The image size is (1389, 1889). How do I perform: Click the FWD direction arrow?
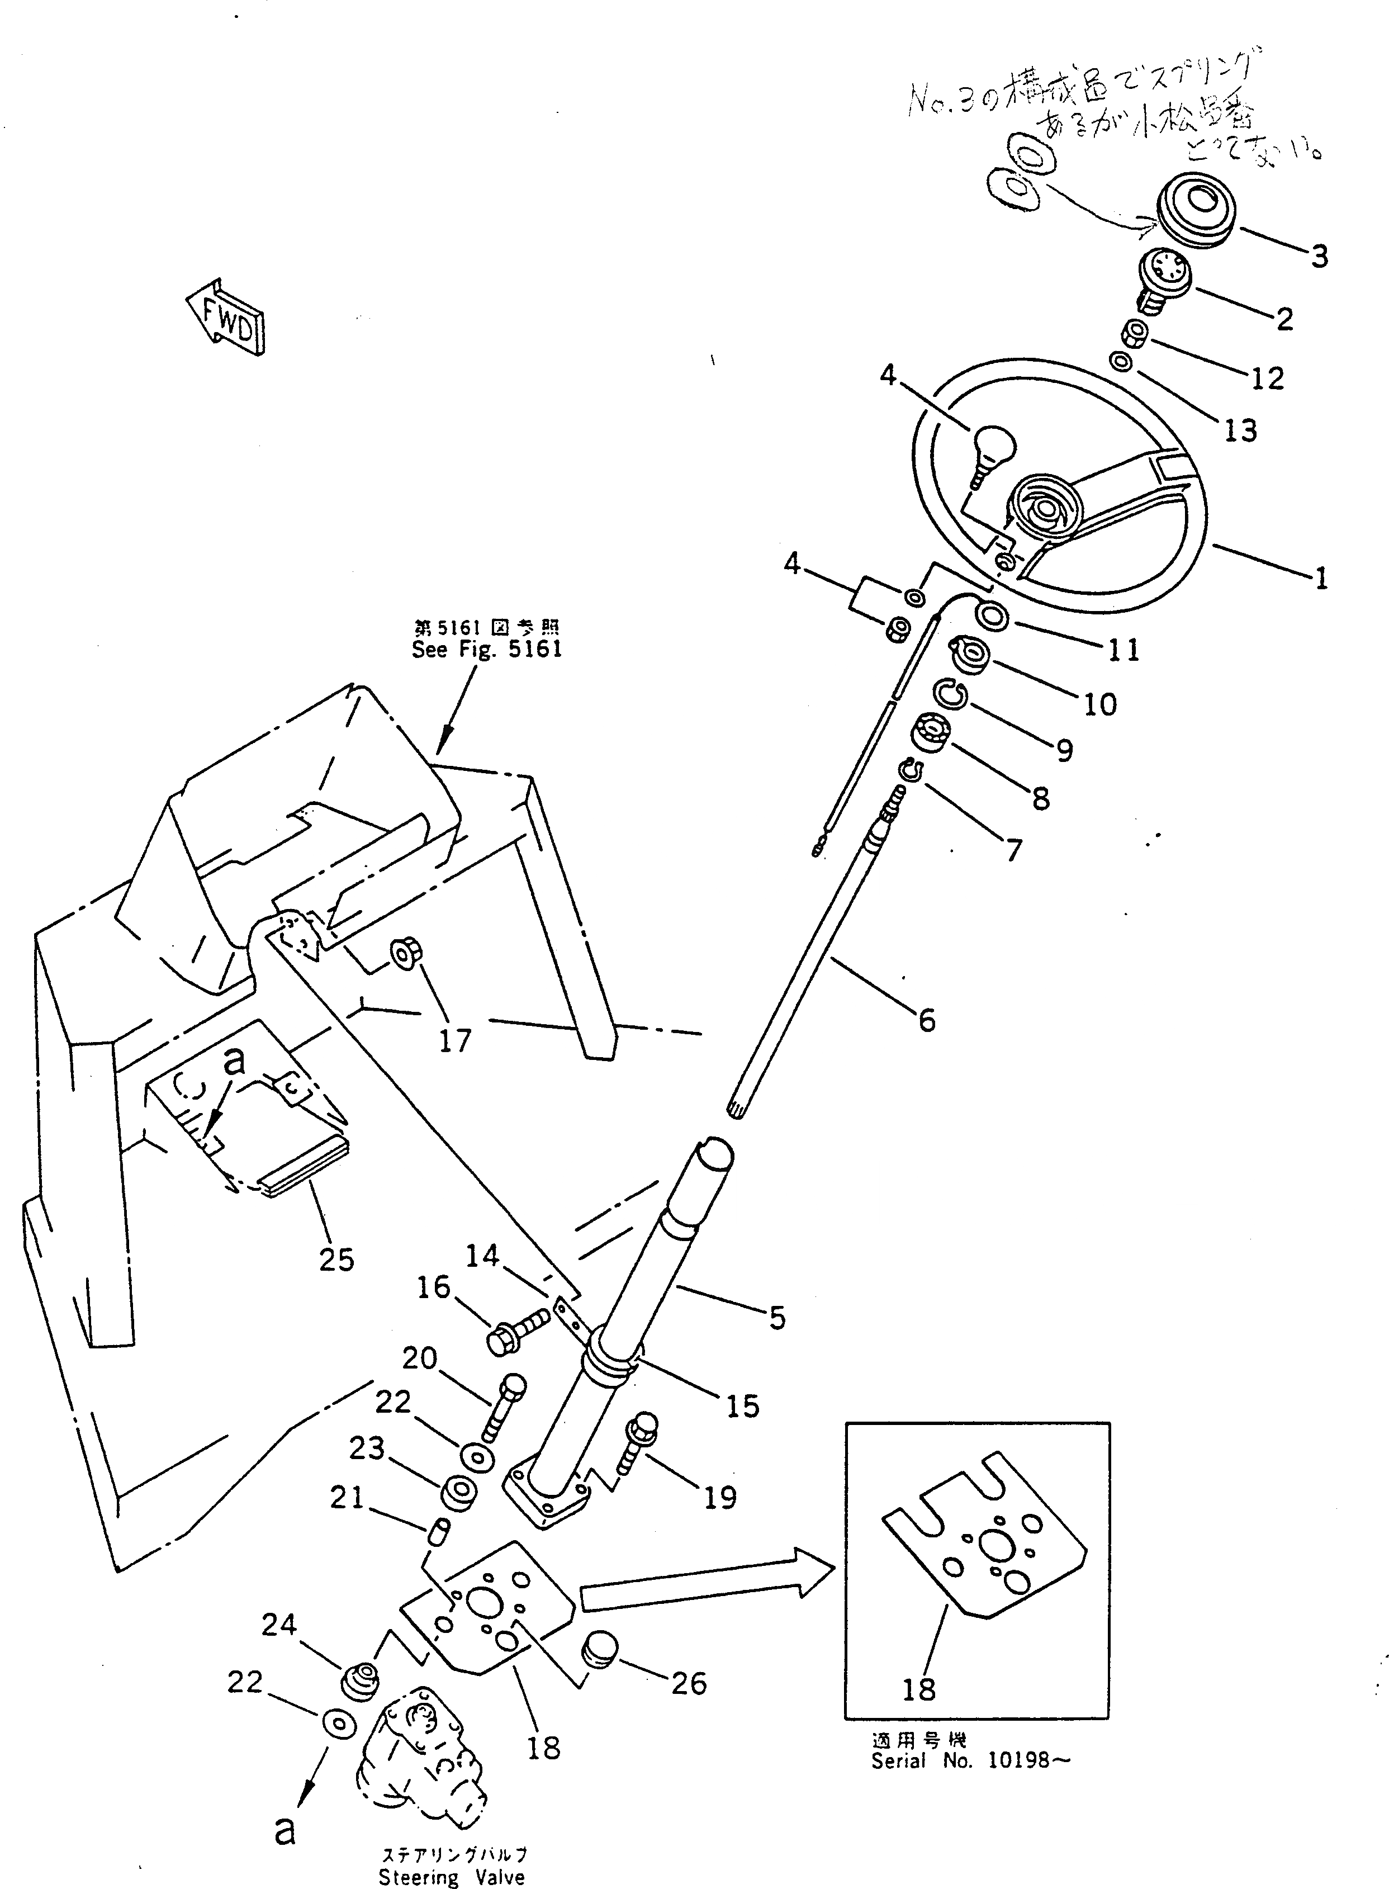(x=225, y=318)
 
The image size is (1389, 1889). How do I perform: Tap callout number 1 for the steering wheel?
(x=1321, y=579)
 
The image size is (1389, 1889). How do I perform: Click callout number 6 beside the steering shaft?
(x=927, y=1021)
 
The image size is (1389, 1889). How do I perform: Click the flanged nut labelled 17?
(x=406, y=953)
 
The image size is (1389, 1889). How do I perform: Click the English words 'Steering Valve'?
(x=452, y=1877)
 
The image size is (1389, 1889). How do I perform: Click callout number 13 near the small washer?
(x=1240, y=431)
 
